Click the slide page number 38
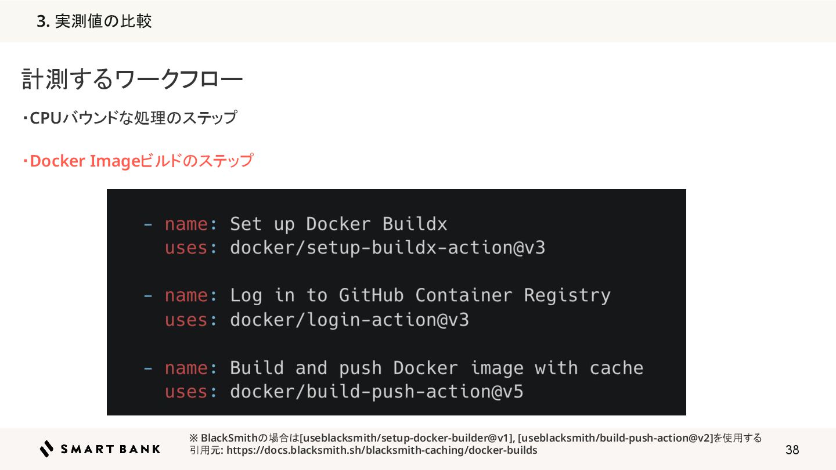coord(792,450)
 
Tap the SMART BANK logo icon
coord(47,449)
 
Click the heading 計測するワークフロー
coord(132,80)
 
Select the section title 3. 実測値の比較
coord(94,21)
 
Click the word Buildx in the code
coord(415,224)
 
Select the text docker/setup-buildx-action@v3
coord(387,248)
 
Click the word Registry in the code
coord(567,295)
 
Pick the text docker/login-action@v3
coord(349,320)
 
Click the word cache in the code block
coord(616,368)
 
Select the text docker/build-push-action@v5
coord(376,392)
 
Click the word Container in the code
coord(463,295)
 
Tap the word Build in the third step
coord(257,368)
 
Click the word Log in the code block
coord(246,295)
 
